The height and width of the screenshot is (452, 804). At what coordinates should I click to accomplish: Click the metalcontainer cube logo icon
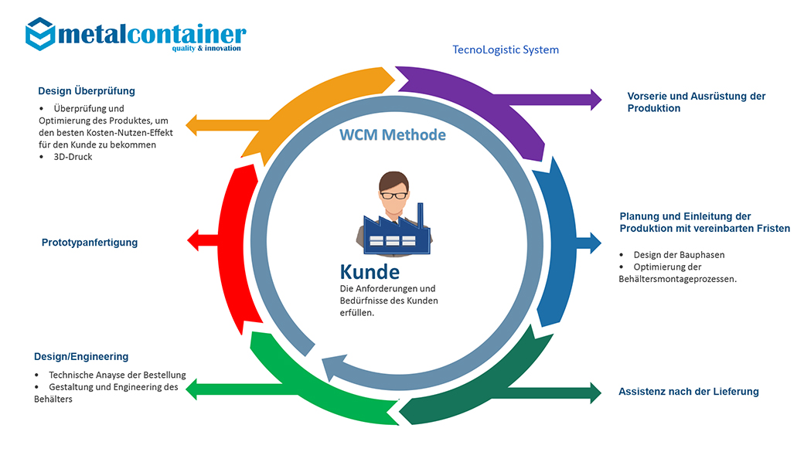[40, 34]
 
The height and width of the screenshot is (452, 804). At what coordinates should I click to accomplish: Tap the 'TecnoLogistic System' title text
[506, 49]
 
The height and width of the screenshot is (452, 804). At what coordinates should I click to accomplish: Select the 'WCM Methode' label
[393, 134]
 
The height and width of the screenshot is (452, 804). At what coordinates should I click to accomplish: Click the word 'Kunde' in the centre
[370, 272]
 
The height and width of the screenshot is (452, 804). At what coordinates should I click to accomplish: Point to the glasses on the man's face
[393, 195]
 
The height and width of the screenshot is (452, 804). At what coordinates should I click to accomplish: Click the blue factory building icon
[397, 229]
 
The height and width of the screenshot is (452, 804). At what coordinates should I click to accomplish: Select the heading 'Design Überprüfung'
[87, 91]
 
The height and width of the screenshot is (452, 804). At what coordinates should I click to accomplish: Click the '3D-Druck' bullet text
[73, 157]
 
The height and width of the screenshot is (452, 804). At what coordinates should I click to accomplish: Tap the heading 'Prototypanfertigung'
[90, 243]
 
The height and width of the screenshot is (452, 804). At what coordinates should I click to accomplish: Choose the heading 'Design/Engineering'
[81, 357]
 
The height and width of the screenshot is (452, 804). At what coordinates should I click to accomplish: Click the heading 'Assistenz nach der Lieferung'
[689, 392]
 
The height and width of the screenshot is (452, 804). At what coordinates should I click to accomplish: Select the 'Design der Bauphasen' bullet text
[679, 255]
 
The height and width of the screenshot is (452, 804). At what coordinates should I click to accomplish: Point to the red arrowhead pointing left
[192, 240]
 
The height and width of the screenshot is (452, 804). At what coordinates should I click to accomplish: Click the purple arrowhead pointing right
[596, 100]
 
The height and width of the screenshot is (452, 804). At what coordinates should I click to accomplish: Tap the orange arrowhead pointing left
[191, 125]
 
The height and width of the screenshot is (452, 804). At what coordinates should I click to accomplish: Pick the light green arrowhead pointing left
[191, 389]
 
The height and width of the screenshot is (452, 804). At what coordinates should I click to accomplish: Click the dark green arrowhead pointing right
[596, 393]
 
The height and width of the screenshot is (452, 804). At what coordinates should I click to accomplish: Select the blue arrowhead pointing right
[596, 243]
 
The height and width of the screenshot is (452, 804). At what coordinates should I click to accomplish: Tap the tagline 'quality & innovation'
[206, 48]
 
